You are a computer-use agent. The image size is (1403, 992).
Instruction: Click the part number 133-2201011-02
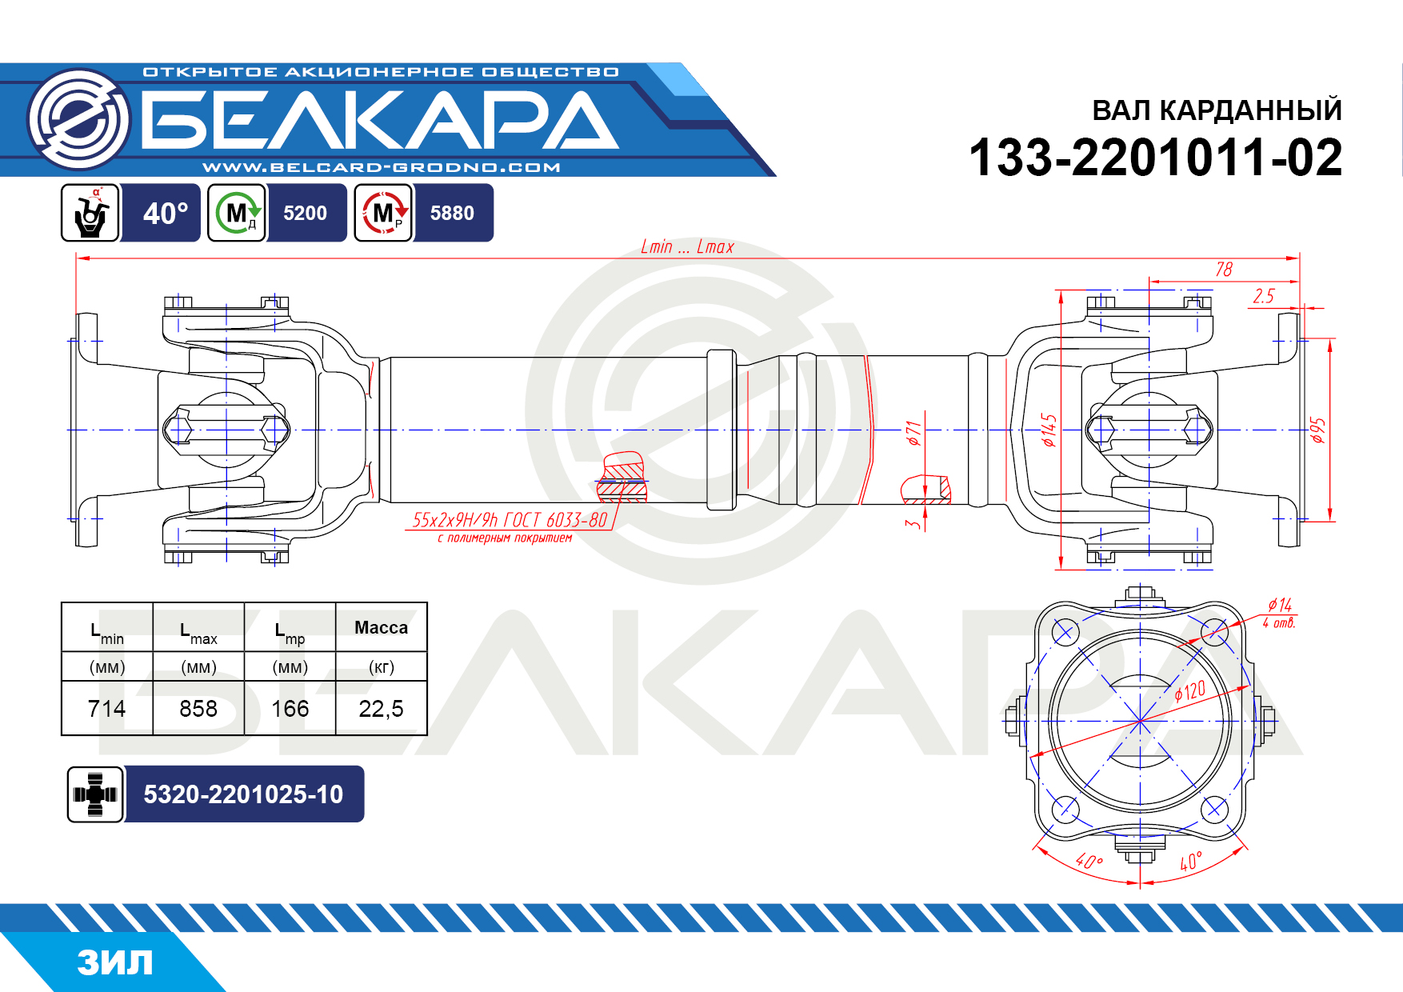1155,157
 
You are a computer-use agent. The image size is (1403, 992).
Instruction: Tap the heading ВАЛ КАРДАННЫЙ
1217,110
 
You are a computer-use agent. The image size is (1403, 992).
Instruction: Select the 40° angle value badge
165,213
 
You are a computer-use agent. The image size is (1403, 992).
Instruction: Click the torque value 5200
305,213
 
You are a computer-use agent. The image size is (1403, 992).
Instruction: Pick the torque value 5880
452,213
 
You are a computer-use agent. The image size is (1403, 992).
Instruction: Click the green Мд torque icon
237,213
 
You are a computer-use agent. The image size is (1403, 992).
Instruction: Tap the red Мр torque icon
384,213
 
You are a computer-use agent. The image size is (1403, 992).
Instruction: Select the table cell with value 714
106,708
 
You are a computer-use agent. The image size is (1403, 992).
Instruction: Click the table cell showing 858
198,708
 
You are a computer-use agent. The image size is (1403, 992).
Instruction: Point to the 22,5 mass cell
381,708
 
